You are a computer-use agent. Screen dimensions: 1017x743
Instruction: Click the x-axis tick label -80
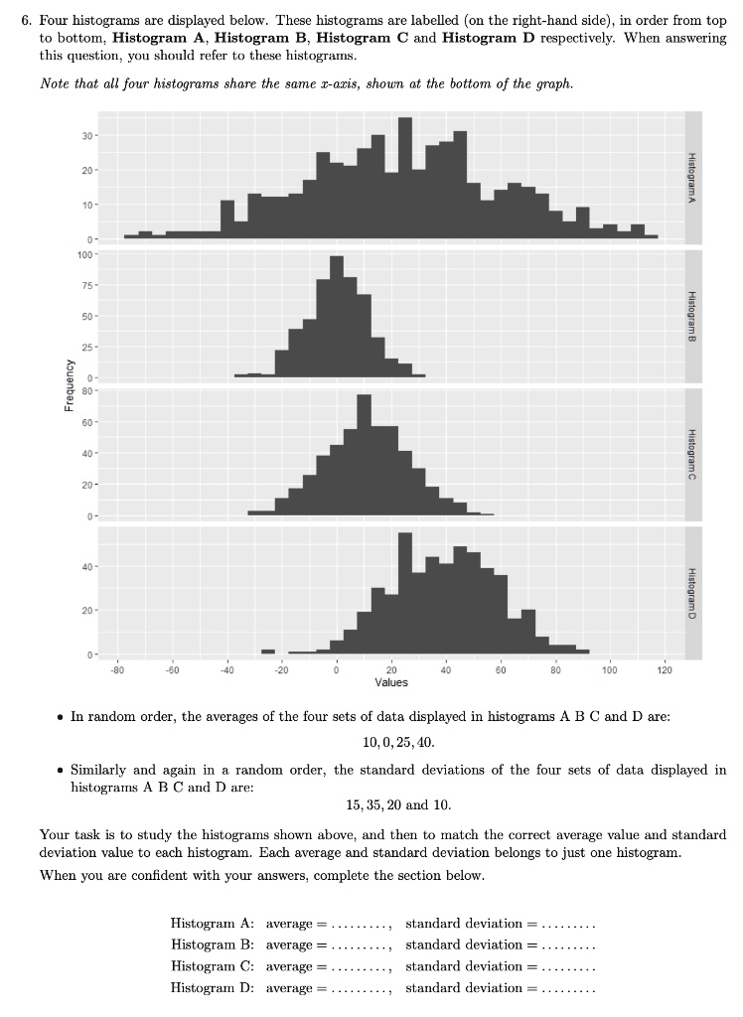coord(116,671)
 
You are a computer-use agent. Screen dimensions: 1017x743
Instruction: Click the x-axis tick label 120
coord(665,671)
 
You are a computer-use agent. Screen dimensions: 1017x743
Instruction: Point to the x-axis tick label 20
coord(391,671)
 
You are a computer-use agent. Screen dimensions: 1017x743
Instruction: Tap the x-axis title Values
coord(391,682)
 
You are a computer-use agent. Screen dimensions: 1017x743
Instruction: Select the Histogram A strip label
coord(692,176)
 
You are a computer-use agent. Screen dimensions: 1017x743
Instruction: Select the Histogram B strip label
coord(692,316)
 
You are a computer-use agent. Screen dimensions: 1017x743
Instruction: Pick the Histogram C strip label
coord(692,452)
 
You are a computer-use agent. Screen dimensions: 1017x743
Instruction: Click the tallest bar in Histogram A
coord(405,179)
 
